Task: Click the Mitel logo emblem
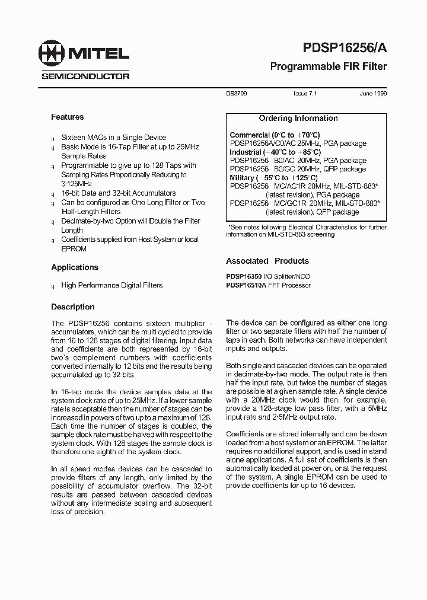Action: click(52, 54)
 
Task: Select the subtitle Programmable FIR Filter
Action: click(328, 66)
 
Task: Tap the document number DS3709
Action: click(237, 94)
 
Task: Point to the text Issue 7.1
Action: click(305, 94)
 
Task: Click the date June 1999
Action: click(373, 94)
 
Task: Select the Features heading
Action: click(67, 117)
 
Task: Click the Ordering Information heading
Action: click(307, 118)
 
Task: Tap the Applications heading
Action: click(75, 267)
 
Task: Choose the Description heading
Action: click(73, 307)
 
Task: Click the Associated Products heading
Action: click(267, 261)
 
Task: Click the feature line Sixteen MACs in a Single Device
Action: click(113, 137)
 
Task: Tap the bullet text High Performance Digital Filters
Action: click(111, 285)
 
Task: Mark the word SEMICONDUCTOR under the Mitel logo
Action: click(85, 76)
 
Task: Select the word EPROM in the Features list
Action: click(73, 249)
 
